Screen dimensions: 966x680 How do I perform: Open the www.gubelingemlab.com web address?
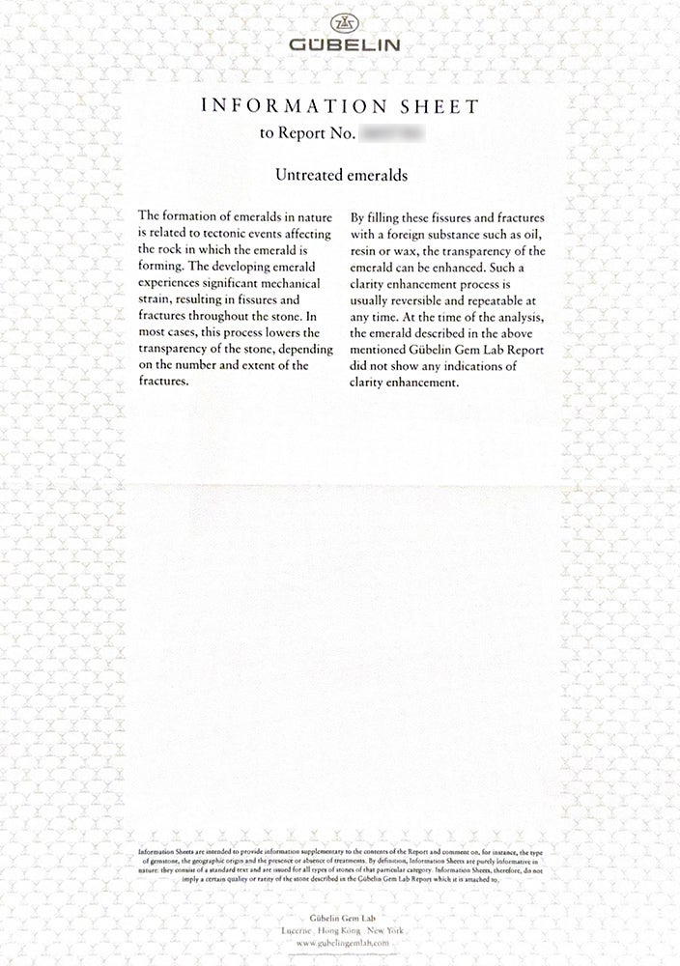click(342, 942)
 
